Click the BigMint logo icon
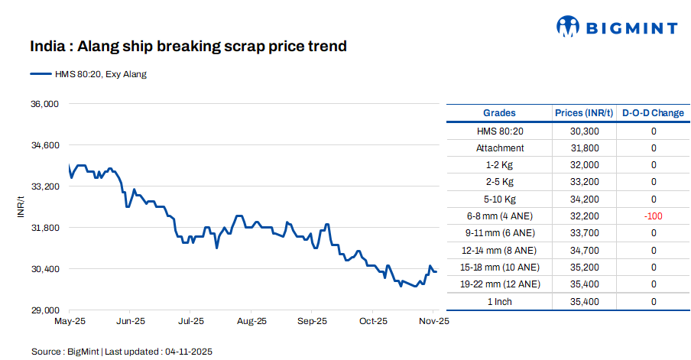(x=568, y=28)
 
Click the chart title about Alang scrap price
(x=188, y=47)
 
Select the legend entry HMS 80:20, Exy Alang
(x=88, y=74)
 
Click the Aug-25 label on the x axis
(x=251, y=322)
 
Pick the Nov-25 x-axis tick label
(x=433, y=322)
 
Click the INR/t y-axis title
(x=21, y=207)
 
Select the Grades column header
(x=499, y=113)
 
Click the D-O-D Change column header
(x=653, y=113)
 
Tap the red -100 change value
(x=653, y=216)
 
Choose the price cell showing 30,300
(x=584, y=131)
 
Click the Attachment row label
(x=500, y=148)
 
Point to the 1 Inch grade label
(x=500, y=301)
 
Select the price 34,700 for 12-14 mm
(x=584, y=250)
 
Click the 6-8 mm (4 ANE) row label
(x=500, y=216)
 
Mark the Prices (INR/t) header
(x=584, y=113)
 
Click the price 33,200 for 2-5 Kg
(x=584, y=182)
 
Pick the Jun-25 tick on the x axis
(x=130, y=322)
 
